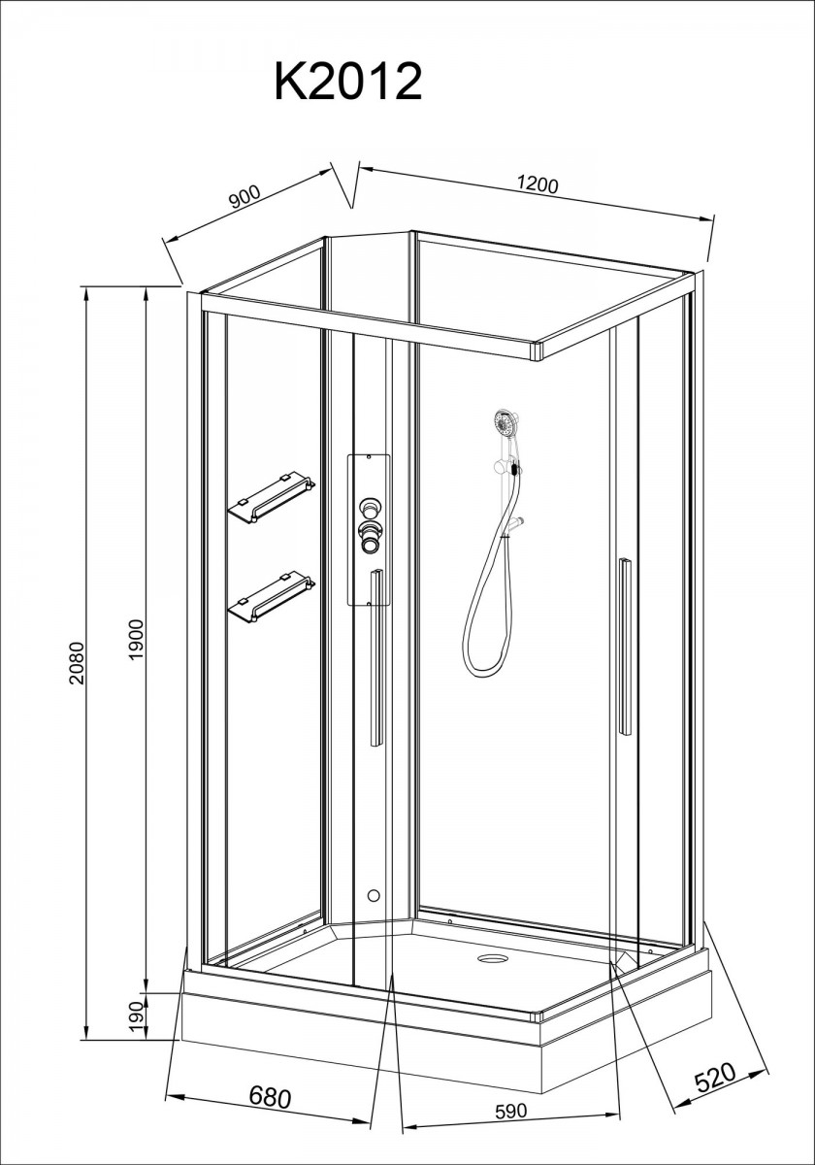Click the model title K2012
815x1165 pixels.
pyautogui.click(x=347, y=83)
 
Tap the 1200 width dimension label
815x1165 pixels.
pyautogui.click(x=538, y=185)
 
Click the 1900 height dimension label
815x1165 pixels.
pyautogui.click(x=137, y=640)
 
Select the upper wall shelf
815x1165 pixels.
pyautogui.click(x=272, y=499)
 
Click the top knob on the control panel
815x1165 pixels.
pyautogui.click(x=369, y=506)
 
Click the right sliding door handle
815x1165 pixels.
pyautogui.click(x=625, y=647)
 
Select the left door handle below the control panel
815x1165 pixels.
pyautogui.click(x=375, y=658)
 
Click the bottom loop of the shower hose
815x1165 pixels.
pyautogui.click(x=486, y=666)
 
